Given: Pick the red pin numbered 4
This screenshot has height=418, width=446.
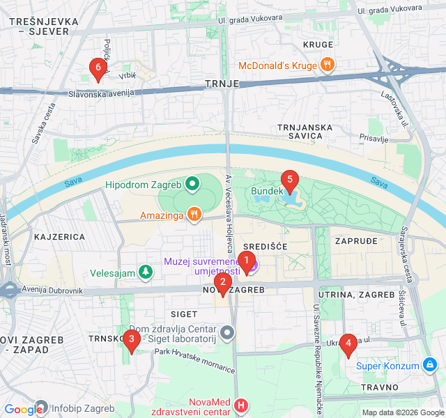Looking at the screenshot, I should click(348, 345).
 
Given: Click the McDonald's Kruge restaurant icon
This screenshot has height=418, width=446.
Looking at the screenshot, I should click(328, 65).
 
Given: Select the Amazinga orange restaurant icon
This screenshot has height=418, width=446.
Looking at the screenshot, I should click(196, 215).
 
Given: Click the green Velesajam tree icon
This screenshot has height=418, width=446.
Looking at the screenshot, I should click(145, 272).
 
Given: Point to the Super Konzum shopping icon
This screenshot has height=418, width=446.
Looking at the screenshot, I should click(430, 366).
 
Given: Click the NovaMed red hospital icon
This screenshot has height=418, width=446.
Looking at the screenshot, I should click(241, 405).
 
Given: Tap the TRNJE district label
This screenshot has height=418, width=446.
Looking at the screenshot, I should click(222, 84).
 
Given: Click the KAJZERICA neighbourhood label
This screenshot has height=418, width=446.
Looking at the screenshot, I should click(59, 237).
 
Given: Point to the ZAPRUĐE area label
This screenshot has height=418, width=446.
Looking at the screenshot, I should click(356, 240).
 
